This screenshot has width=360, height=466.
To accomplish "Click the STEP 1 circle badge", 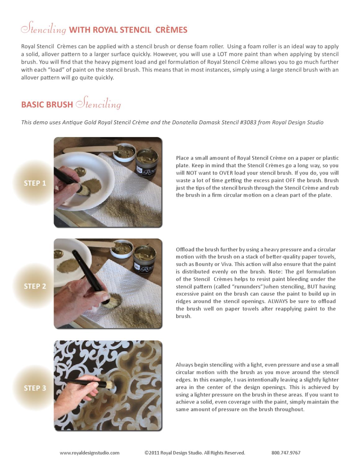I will pos(35,183).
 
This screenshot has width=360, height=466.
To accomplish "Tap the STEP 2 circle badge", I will pos(35,286).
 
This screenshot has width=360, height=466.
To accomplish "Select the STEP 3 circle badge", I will pos(35,388).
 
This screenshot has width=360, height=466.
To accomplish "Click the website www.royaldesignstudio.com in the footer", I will pos(89,453).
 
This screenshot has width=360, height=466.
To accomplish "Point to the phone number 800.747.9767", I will pos(286,453).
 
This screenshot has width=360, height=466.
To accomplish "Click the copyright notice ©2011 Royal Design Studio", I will pos(195,453).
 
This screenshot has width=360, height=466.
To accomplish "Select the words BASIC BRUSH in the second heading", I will pos(47,105).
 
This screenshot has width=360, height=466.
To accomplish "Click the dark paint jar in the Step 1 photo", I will pos(149,162).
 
